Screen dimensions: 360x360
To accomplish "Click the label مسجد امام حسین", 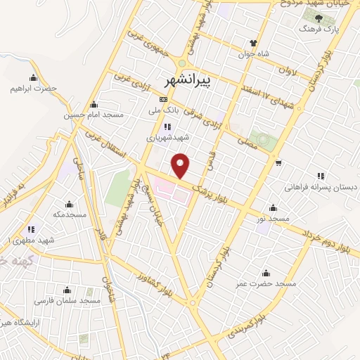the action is point(94,114).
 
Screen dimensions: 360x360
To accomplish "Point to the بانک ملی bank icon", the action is point(164,100).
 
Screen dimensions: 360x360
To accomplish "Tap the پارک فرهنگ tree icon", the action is point(319,18).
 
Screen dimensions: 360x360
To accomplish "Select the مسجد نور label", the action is point(273,219).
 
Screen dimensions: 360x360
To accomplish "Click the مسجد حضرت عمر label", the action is point(266,283).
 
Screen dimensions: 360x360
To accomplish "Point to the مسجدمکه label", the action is point(69,214).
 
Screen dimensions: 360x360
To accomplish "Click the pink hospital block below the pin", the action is point(172,190).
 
